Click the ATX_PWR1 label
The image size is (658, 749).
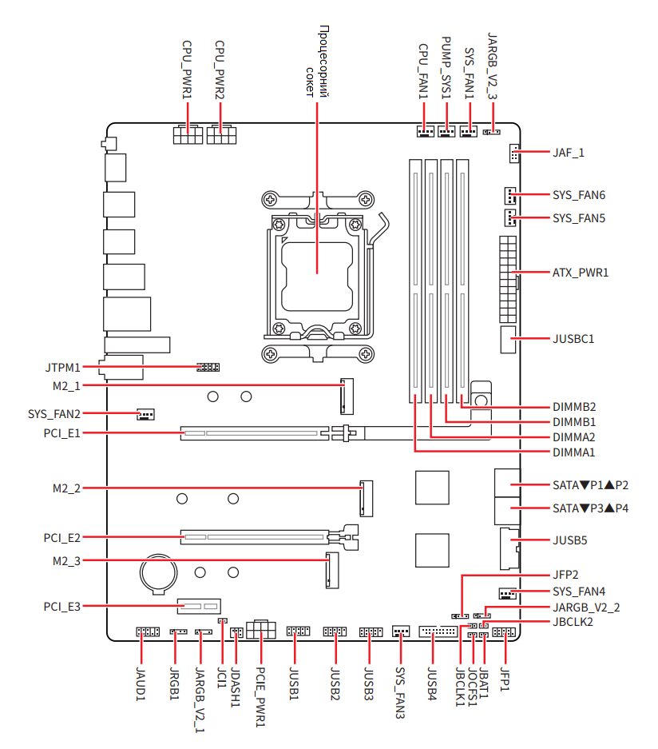pyautogui.click(x=581, y=273)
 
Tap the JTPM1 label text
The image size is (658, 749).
pyautogui.click(x=62, y=369)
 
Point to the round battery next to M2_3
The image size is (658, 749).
pyautogui.click(x=157, y=572)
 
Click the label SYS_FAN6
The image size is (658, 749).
pyautogui.click(x=579, y=195)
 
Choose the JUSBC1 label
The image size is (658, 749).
pyautogui.click(x=573, y=339)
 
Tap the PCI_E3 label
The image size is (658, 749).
pyautogui.click(x=62, y=607)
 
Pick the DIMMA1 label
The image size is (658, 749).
pyautogui.click(x=573, y=453)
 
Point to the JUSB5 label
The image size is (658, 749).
pyautogui.click(x=569, y=540)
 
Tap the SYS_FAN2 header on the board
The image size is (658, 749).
pyautogui.click(x=145, y=414)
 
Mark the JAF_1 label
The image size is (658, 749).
pyautogui.click(x=569, y=151)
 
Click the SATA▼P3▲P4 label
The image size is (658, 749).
pyautogui.click(x=590, y=508)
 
